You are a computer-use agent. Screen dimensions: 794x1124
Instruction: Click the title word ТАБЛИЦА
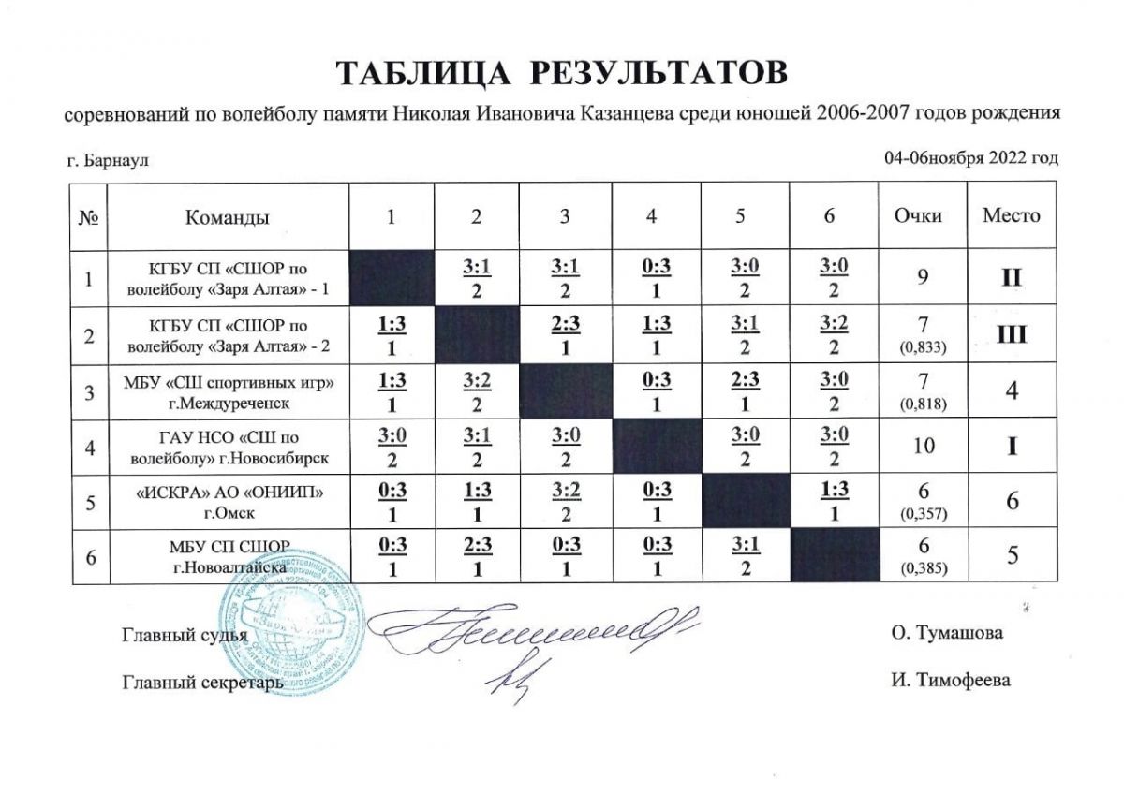(421, 73)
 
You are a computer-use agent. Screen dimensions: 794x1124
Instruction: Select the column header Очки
(924, 216)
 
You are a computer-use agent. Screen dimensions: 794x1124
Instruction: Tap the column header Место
(1011, 216)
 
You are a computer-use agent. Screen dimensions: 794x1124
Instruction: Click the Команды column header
(228, 217)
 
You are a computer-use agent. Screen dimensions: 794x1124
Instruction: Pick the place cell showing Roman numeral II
(1011, 278)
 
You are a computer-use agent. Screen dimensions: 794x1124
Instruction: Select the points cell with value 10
(924, 446)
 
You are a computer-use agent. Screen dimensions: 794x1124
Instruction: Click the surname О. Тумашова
(947, 633)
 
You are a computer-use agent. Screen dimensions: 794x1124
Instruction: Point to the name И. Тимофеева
(951, 681)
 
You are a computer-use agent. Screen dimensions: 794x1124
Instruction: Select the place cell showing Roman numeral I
(1011, 446)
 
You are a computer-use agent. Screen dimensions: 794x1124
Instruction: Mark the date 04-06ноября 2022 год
(970, 158)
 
